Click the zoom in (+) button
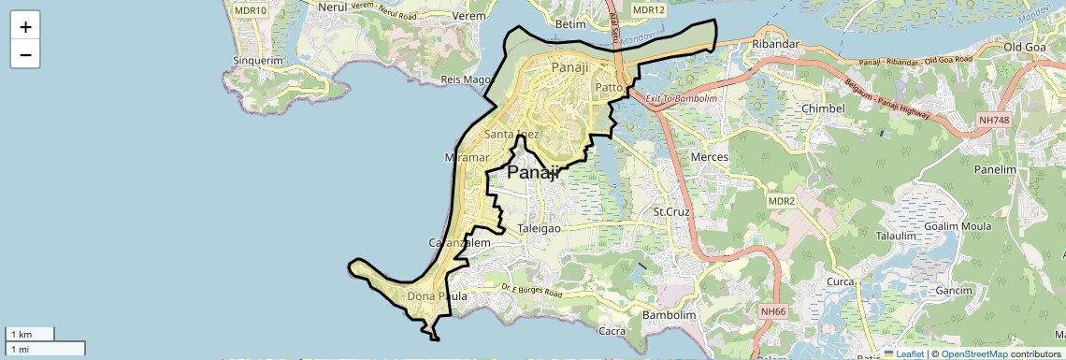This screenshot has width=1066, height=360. pos(25,26)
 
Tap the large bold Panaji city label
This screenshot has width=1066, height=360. pos(533,172)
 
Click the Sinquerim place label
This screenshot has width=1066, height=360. pos(258,61)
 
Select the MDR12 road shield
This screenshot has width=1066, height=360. pos(648,9)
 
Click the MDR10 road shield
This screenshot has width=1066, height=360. pos(250,9)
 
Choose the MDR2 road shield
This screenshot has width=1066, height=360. pos(781,201)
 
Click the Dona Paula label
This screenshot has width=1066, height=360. pos(437,297)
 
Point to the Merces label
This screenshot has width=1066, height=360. pos(709,157)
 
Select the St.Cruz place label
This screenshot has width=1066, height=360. pos(670,212)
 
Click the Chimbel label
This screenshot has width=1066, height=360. pos(824,108)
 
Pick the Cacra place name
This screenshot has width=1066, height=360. pos(612,331)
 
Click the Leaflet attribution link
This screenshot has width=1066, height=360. pos(904,354)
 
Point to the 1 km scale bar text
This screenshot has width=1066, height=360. pos(20,334)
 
